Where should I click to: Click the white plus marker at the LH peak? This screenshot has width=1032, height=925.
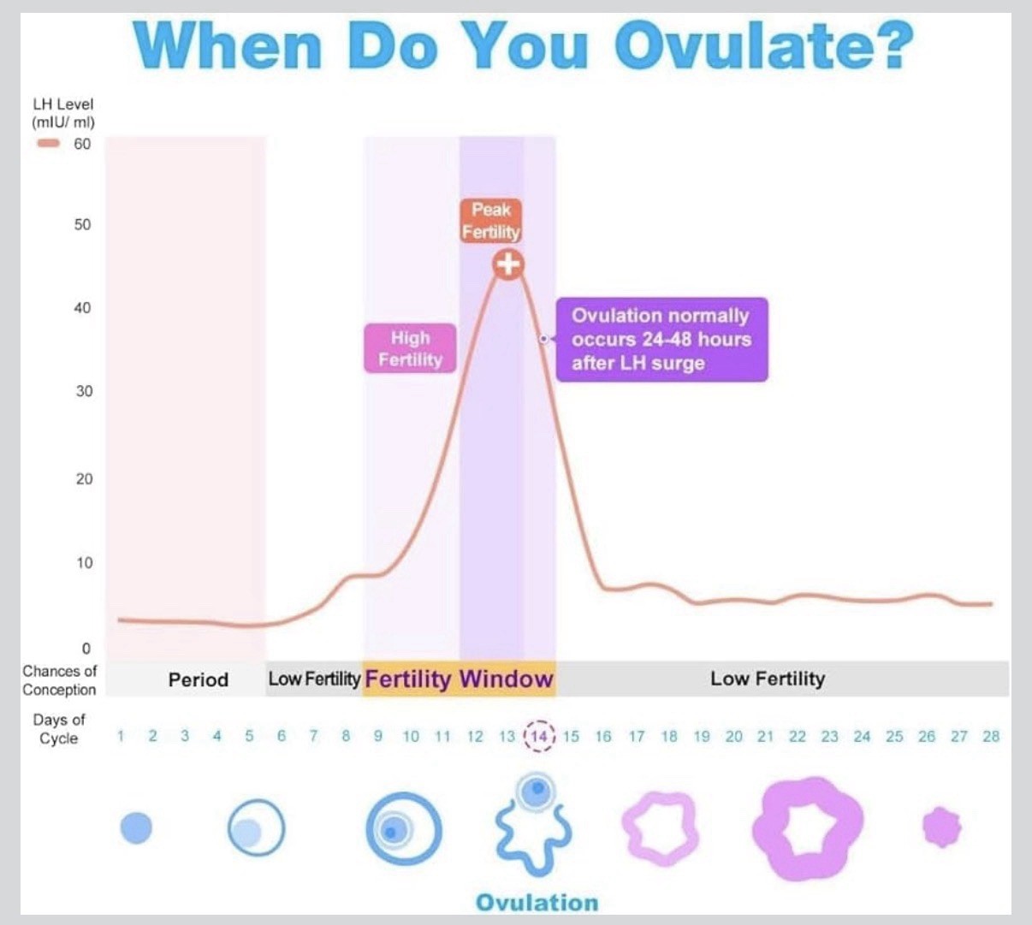coord(508,264)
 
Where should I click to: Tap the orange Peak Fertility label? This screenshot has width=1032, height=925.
coord(491,221)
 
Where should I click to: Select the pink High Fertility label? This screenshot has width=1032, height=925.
coord(410,348)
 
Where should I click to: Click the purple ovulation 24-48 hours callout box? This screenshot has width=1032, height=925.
coord(661,339)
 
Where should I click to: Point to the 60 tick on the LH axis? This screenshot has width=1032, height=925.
coord(82,144)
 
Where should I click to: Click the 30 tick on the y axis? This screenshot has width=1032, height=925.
coord(84,391)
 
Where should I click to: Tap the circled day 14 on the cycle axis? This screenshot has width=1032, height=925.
coord(539,736)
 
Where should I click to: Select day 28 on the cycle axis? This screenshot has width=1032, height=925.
coord(991,736)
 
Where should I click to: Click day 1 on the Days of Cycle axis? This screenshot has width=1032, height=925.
coord(121,736)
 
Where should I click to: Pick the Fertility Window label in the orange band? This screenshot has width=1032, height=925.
coord(459,679)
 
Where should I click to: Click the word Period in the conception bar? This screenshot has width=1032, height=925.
coord(198,680)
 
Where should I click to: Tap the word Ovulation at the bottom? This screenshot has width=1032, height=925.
coord(537,903)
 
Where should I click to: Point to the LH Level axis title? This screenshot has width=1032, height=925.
coord(63,113)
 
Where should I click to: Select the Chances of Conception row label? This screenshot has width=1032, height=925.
coord(59,680)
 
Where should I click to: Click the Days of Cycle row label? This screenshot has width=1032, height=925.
coord(59,729)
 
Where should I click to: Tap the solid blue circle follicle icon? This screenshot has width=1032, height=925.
coord(136,827)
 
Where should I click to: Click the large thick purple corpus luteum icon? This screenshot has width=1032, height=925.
coord(806,828)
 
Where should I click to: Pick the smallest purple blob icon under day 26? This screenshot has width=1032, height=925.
coord(941,827)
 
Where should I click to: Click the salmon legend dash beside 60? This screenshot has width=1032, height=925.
coord(48,144)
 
